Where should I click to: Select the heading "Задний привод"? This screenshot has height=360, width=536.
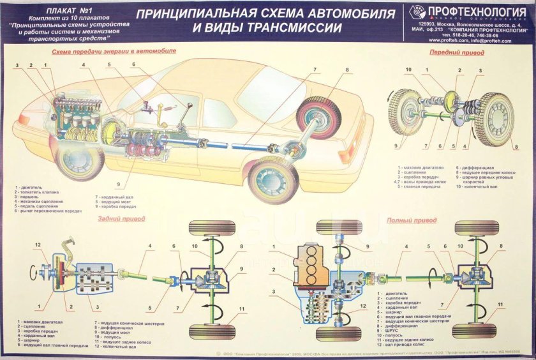[121, 218]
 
